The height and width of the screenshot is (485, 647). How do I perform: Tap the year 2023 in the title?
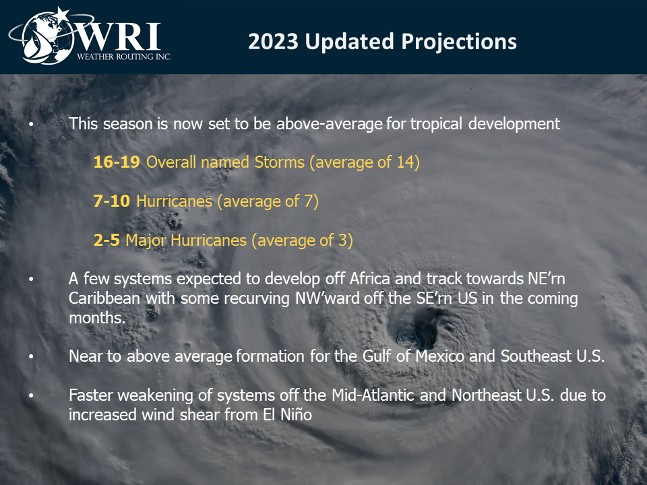tap(273, 42)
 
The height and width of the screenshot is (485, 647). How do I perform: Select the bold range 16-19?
tap(117, 162)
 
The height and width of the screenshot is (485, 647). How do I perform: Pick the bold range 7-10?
tap(112, 201)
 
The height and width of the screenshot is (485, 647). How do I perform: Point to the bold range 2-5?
tap(107, 240)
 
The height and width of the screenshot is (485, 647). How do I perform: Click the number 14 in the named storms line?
tap(405, 162)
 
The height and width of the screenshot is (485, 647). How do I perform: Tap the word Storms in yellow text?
tap(279, 162)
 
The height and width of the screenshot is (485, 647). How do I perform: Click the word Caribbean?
tap(104, 298)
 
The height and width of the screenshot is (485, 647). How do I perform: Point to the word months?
tap(97, 317)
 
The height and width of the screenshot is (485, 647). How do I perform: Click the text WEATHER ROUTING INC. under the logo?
tap(124, 57)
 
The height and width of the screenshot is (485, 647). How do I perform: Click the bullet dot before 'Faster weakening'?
tap(32, 395)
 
